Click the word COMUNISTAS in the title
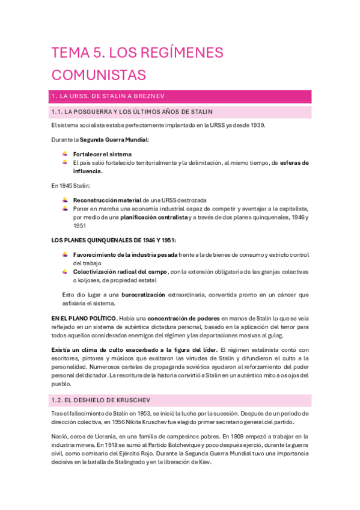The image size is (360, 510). point(99,75)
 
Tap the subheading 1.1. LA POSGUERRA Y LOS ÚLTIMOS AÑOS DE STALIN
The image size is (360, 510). point(140,112)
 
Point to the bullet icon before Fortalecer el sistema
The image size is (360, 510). point(65,154)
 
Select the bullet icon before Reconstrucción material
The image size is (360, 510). point(65,200)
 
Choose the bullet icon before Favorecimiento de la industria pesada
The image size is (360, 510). point(65,255)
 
